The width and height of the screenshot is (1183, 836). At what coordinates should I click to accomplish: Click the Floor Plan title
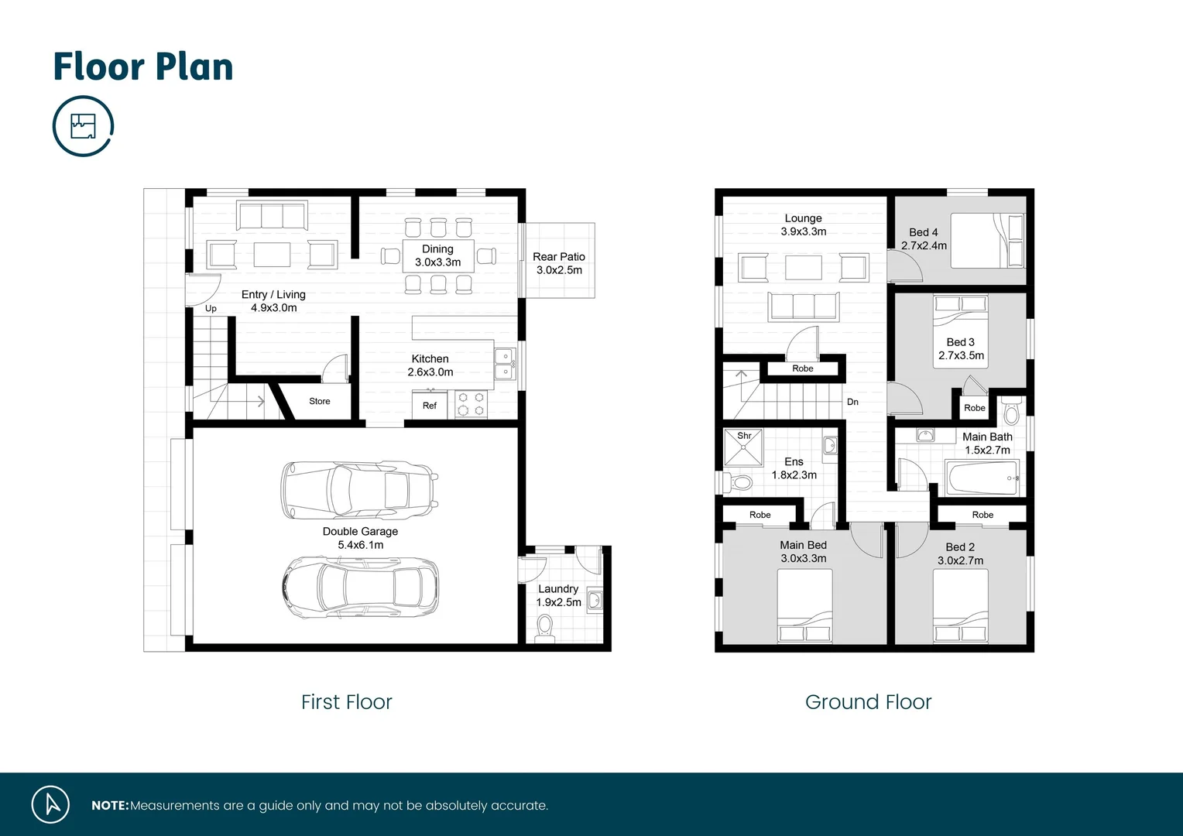pyautogui.click(x=143, y=67)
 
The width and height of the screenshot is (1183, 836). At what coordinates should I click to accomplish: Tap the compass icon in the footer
pyautogui.click(x=51, y=804)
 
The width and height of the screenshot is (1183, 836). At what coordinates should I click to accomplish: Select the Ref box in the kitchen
pyautogui.click(x=430, y=406)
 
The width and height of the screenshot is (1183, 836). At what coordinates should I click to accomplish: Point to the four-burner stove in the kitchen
pyautogui.click(x=471, y=404)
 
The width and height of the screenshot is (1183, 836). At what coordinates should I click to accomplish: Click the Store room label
pyautogui.click(x=319, y=401)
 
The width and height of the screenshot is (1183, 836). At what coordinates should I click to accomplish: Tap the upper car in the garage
pyautogui.click(x=359, y=491)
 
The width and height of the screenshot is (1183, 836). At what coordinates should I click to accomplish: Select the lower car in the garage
pyautogui.click(x=361, y=588)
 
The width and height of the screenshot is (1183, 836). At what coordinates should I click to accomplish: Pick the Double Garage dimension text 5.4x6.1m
pyautogui.click(x=360, y=545)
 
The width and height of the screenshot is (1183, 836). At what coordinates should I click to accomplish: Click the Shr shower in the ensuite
pyautogui.click(x=743, y=447)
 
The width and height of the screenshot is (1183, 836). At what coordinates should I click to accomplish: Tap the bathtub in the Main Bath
pyautogui.click(x=982, y=478)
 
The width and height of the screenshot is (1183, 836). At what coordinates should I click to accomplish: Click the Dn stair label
pyautogui.click(x=852, y=402)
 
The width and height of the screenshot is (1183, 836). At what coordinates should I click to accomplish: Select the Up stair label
pyautogui.click(x=211, y=308)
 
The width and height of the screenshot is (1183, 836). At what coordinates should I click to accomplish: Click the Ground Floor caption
pyautogui.click(x=868, y=702)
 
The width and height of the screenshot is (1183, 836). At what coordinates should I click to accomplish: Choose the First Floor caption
pyautogui.click(x=346, y=702)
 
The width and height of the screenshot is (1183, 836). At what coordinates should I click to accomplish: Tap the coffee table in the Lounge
pyautogui.click(x=804, y=267)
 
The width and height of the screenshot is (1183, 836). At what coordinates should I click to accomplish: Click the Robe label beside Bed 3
pyautogui.click(x=974, y=408)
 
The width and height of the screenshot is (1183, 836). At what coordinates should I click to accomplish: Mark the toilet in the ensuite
pyautogui.click(x=740, y=483)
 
